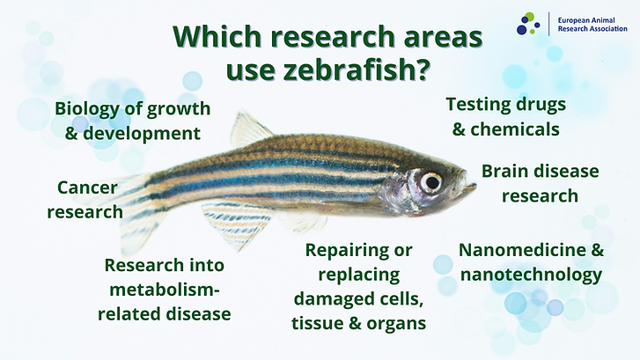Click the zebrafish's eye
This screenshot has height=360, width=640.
tap(430, 182)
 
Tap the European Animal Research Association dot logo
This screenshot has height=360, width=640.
tap(528, 23)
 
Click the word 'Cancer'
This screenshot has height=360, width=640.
tap(88, 187)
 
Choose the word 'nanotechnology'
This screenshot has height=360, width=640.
tap(531, 275)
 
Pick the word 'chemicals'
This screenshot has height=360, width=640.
tap(517, 129)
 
